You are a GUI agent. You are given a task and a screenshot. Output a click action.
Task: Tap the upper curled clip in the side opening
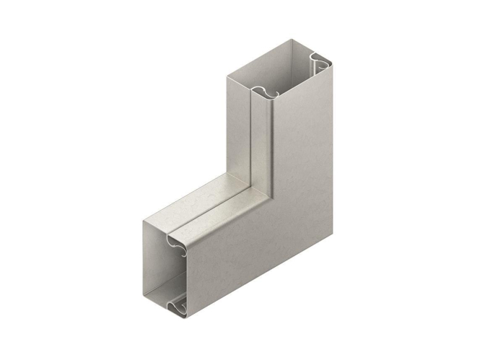(x=179, y=244)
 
